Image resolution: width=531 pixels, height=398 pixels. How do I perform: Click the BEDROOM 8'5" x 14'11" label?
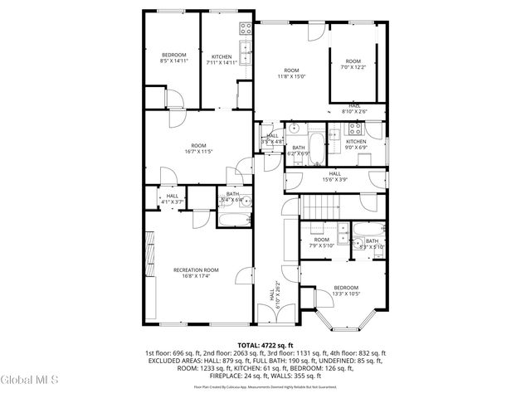173,58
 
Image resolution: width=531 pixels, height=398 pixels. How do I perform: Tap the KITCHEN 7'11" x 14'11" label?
221,59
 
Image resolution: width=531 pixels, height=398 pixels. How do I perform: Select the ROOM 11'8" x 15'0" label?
291,74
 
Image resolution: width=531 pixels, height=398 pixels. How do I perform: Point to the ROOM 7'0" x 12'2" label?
353,64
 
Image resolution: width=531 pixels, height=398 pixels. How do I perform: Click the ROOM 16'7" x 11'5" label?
198,148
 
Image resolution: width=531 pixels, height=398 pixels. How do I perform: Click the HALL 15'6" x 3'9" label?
334,176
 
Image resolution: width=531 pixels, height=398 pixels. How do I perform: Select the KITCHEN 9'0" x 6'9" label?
356,144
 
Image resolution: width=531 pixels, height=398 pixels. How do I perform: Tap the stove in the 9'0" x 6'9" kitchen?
354,129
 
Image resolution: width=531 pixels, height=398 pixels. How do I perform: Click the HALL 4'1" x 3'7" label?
172,198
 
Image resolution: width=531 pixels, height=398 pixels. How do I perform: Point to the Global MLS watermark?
30,380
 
